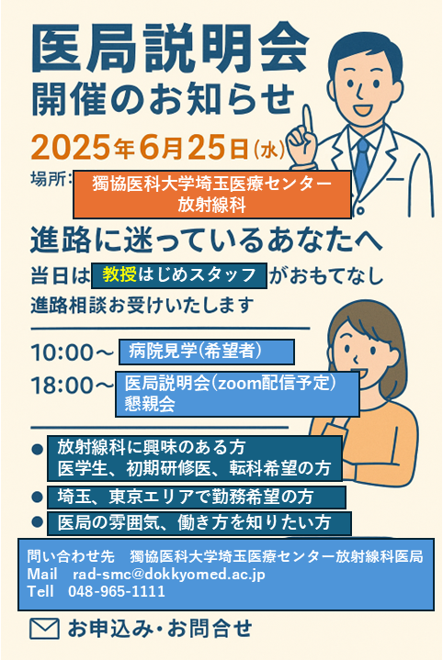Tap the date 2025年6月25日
(x=140, y=148)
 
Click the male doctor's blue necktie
(x=361, y=162)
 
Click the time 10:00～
(x=72, y=352)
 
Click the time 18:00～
(x=72, y=385)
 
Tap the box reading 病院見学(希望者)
(x=207, y=352)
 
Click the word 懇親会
(x=150, y=404)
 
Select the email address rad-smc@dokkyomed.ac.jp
(x=169, y=574)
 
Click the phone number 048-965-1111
(x=117, y=591)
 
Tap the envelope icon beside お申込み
(x=44, y=629)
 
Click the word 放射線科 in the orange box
(x=211, y=205)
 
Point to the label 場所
(x=48, y=179)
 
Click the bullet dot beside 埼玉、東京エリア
(x=37, y=498)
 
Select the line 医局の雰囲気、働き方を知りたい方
(x=194, y=522)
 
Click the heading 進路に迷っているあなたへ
(x=206, y=241)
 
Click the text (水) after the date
(x=270, y=150)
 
